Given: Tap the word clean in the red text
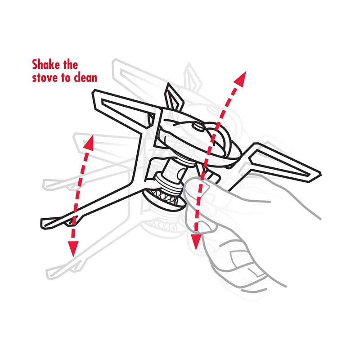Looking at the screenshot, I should pyautogui.click(x=84, y=77).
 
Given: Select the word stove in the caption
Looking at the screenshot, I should pyautogui.click(x=45, y=77).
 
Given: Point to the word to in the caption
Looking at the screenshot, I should pyautogui.click(x=66, y=77).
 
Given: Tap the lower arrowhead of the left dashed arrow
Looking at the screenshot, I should pyautogui.click(x=73, y=247).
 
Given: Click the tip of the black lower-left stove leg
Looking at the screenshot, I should pyautogui.click(x=45, y=222).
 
